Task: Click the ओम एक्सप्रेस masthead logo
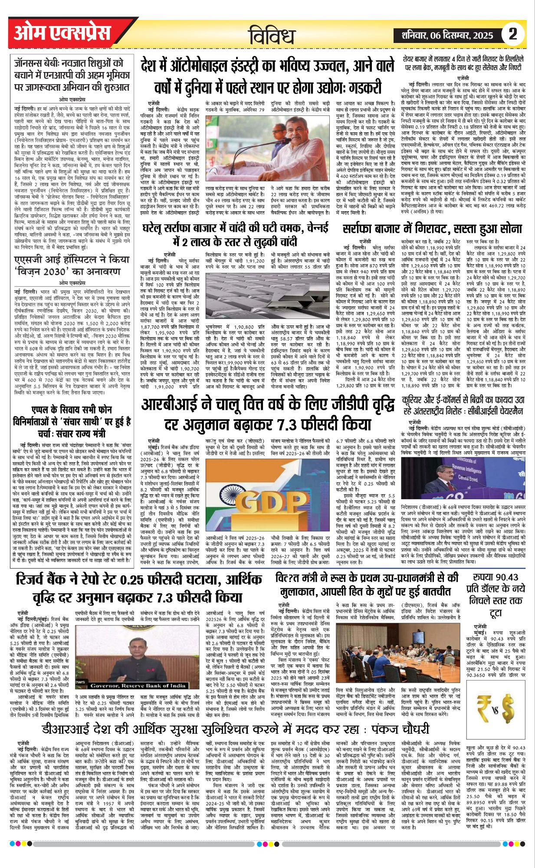click(x=69, y=33)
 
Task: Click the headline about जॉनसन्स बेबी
click(x=72, y=75)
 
